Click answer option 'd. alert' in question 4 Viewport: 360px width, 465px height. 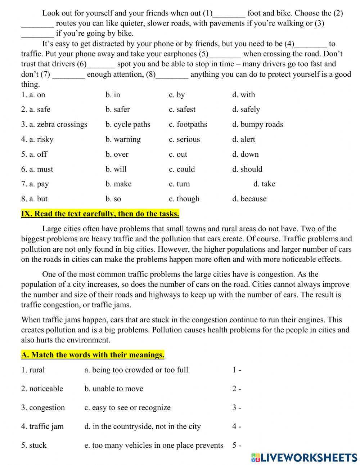(243, 139)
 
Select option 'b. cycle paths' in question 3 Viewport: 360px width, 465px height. (128, 125)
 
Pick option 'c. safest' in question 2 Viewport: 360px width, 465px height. (182, 109)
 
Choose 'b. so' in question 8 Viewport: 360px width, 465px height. (113, 199)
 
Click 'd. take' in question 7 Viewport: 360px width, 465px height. (264, 184)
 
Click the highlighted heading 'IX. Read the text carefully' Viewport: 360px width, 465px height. (100, 214)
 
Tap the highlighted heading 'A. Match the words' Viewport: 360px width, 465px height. (93, 355)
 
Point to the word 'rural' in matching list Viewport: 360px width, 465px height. (37, 370)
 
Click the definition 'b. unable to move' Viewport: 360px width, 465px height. (114, 389)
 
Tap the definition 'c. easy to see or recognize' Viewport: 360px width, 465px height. (127, 408)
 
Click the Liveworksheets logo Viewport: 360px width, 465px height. (304, 457)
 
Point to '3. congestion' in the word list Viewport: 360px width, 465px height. (43, 408)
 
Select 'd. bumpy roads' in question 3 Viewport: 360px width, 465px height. (257, 125)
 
